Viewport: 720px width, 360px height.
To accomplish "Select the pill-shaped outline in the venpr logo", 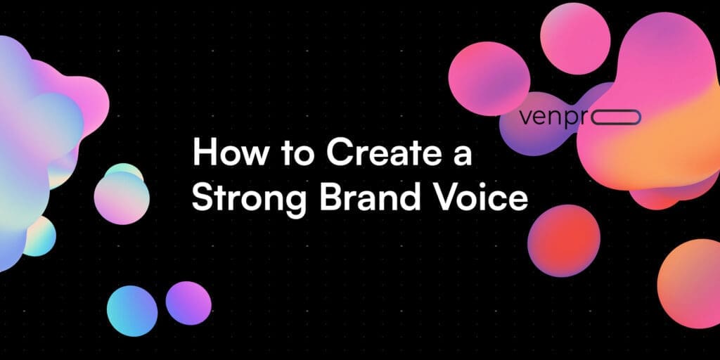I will pos(615,117).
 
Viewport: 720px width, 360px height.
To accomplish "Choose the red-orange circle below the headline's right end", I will pos(563,240).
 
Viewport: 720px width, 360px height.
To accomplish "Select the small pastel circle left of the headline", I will pos(122,194).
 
